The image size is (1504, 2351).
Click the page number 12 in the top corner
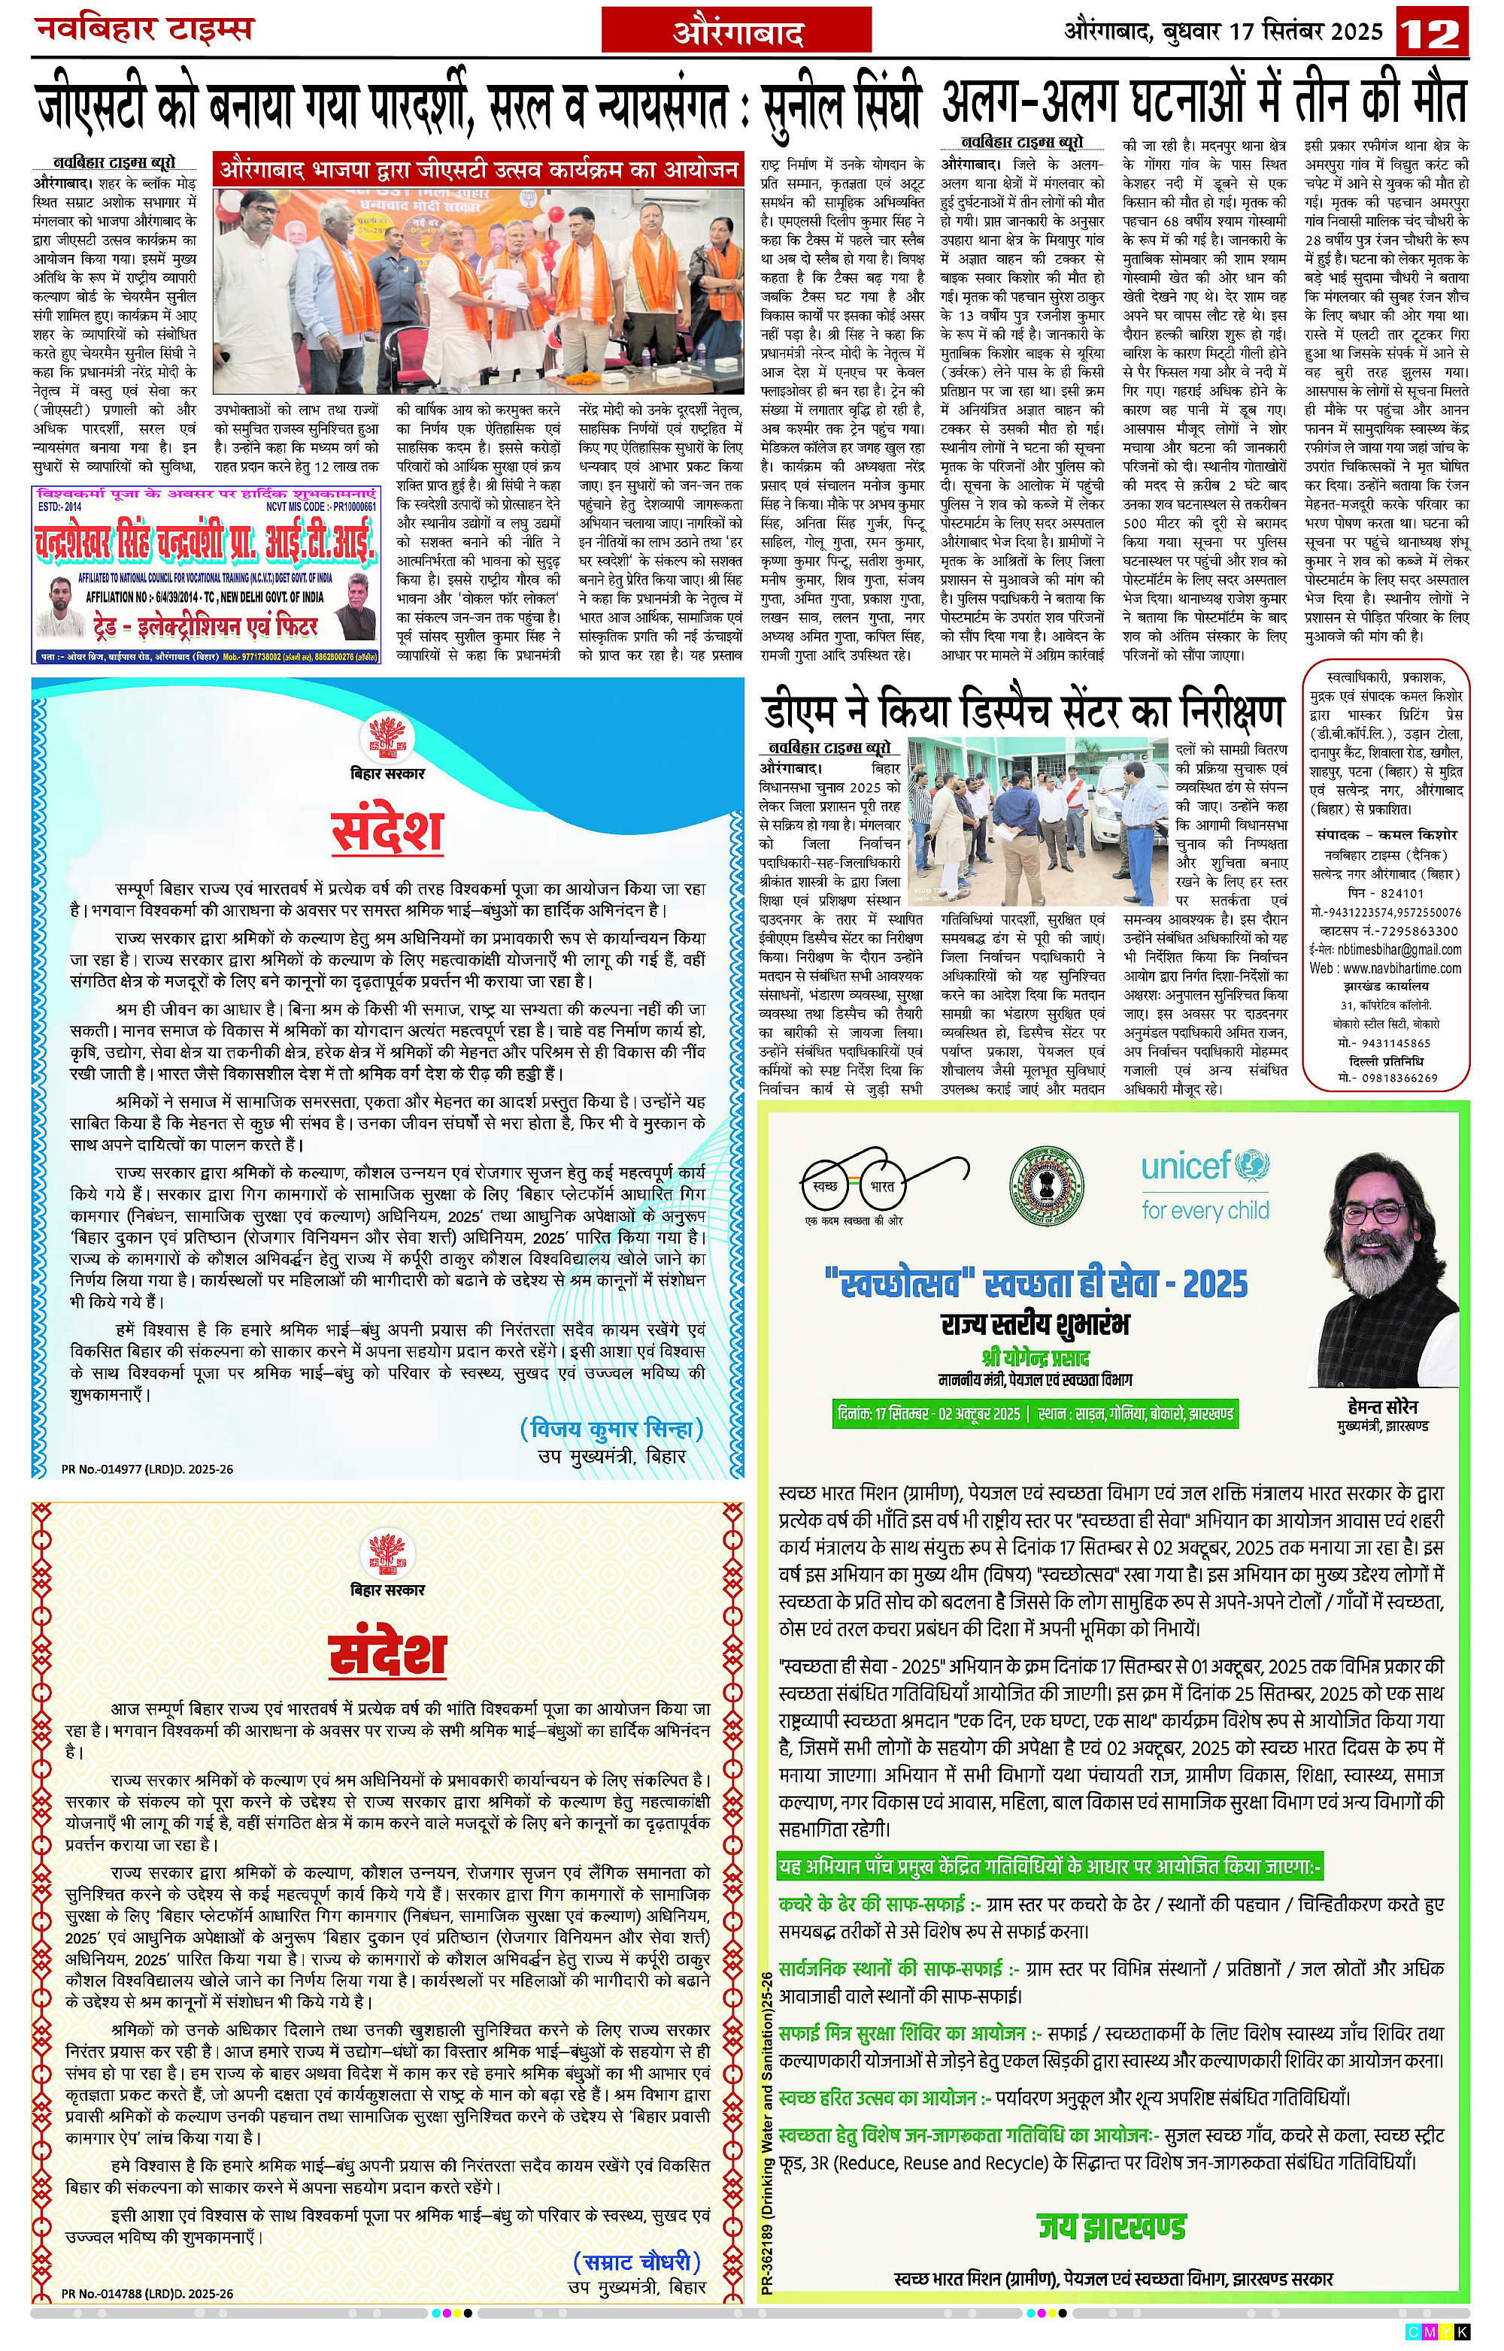pyautogui.click(x=1433, y=33)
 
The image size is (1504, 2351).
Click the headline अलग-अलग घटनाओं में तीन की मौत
pyautogui.click(x=1203, y=101)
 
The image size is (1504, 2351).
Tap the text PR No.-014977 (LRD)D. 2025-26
pyautogui.click(x=147, y=1469)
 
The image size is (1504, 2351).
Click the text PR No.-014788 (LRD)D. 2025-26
pyautogui.click(x=147, y=2293)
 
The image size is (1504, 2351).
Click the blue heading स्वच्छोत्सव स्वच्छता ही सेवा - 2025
pyautogui.click(x=1036, y=1283)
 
